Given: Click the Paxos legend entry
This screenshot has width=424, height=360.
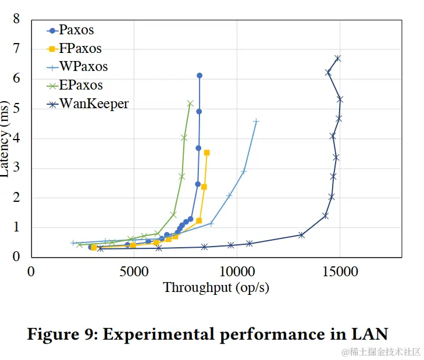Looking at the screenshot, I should [76, 30].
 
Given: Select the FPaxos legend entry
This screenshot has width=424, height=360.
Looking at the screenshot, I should [80, 48].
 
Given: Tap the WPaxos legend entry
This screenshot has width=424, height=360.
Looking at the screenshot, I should [83, 67].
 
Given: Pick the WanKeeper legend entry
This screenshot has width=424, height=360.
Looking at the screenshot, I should [93, 104].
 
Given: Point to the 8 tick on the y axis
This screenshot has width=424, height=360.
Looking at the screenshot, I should [16, 19].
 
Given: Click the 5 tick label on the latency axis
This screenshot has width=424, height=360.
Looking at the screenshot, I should [16, 108].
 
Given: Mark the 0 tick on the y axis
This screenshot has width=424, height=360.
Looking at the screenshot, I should [16, 256].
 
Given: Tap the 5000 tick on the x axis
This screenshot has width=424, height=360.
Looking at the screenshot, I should [134, 270].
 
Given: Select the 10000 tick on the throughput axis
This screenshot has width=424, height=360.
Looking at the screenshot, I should [237, 270].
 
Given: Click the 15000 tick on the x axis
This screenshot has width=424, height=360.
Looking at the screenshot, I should [340, 270].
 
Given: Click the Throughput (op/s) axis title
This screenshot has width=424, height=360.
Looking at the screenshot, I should [216, 287].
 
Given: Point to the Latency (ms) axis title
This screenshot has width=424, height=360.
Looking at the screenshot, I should [6, 138].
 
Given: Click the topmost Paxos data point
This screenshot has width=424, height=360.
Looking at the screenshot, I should [199, 76].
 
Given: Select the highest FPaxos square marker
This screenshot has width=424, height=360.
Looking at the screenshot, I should [206, 152].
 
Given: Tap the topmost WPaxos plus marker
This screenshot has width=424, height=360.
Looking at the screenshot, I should [256, 122].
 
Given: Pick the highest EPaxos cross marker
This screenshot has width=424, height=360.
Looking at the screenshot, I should [190, 103].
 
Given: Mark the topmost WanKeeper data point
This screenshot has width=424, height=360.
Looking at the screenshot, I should [337, 58].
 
